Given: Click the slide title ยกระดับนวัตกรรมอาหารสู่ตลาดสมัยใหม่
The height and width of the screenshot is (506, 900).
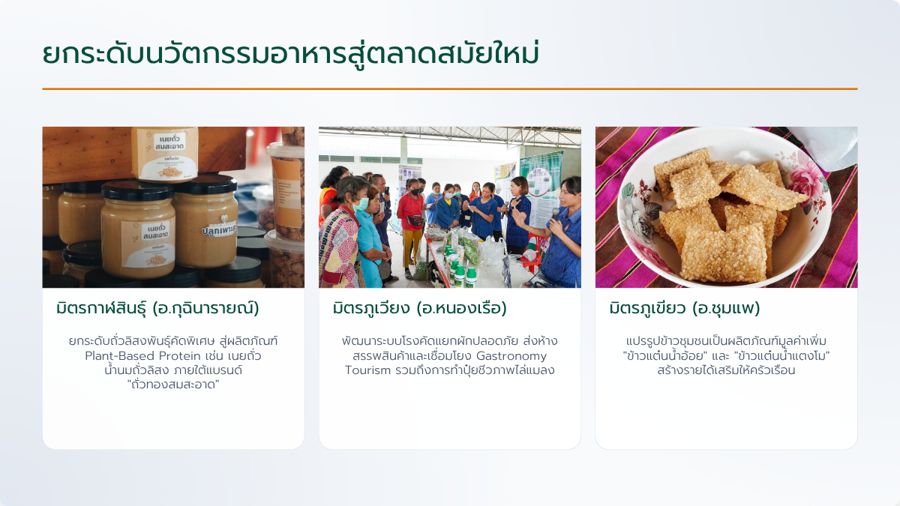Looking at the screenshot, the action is pos(290,54).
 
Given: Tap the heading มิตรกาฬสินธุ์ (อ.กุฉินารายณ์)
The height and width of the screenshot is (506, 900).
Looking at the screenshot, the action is pos(157,308).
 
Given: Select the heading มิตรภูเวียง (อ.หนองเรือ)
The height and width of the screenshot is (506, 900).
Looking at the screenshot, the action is pos(420,308).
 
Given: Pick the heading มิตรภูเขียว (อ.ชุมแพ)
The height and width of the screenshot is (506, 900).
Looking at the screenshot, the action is pos(685,308).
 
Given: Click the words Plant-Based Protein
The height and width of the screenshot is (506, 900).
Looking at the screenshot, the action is pos(142,356).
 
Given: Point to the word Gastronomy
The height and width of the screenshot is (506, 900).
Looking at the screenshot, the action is pos(511,356).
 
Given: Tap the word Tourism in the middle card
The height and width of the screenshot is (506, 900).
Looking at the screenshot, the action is pos(367,370).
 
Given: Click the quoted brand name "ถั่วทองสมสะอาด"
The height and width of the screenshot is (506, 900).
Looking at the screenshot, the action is pos(173,385).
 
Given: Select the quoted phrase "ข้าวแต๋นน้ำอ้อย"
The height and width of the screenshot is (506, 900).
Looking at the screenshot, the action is pos(665,356).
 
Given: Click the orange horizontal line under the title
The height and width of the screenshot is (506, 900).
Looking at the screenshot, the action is pos(450,88).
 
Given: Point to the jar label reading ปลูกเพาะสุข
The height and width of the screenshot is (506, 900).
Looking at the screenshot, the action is pos(218,230).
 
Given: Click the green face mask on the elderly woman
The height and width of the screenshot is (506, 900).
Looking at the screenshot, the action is pos(361,204).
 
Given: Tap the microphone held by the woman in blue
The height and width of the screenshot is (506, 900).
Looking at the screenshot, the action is pos(555,213).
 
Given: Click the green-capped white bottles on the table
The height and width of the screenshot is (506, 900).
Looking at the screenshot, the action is pos(462,273).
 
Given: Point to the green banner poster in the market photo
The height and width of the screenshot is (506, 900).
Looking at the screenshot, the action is pos(541,173).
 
